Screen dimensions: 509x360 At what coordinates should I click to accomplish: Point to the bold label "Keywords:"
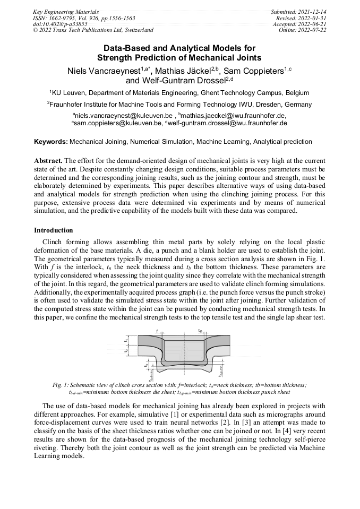[x=51, y=142]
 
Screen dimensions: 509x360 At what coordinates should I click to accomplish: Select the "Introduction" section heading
[x=54, y=230]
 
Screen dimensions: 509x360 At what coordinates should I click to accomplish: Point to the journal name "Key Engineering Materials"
[x=66, y=12]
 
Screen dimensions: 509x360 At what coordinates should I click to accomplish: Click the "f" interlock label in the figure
[x=158, y=331]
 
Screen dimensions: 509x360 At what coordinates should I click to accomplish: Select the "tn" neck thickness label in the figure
[x=200, y=331]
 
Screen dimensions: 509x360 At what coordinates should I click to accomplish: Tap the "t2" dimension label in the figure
[x=125, y=350]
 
